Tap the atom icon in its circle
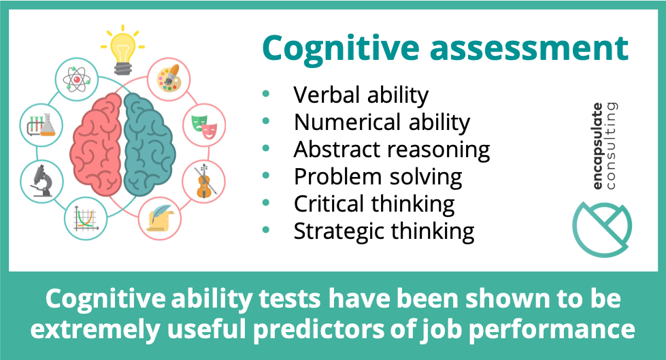coord(76,80)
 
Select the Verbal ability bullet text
coord(361,95)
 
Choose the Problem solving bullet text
coord(378,177)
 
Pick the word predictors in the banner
coord(370,331)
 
